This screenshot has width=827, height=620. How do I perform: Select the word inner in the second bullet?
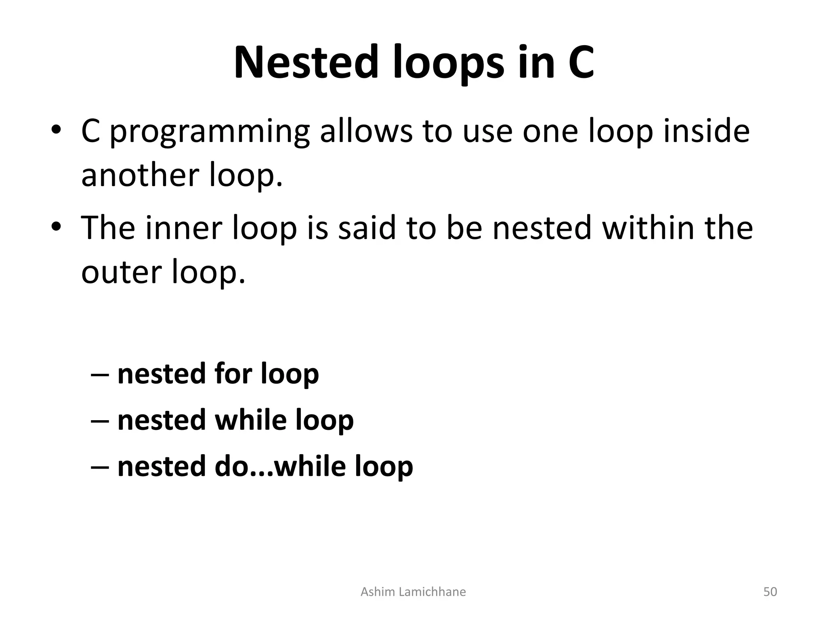tap(183, 228)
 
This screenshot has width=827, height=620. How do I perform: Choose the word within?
tap(649, 228)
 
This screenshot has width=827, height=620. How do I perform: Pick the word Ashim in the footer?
tap(376, 592)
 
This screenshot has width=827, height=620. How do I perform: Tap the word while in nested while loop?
tap(251, 420)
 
